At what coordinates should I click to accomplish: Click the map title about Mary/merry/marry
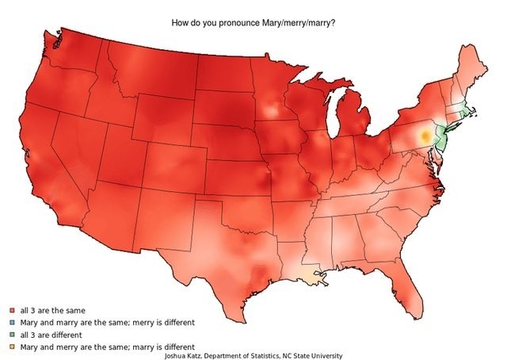click(x=253, y=22)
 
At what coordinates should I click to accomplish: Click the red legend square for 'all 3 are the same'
click(x=13, y=311)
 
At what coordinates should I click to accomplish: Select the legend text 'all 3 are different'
click(x=53, y=335)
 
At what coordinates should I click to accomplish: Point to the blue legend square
click(x=13, y=323)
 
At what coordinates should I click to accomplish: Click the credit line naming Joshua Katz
click(x=253, y=355)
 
